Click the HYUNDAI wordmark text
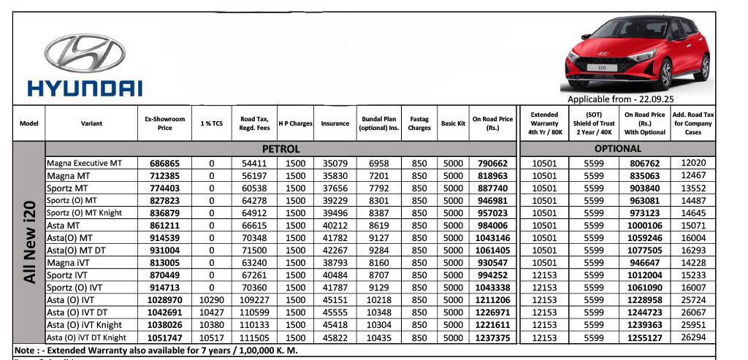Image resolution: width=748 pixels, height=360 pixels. point(85,88)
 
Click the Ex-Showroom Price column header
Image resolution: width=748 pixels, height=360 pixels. point(165,123)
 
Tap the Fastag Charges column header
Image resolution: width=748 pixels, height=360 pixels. point(419,123)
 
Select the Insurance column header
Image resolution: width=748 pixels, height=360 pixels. point(335,123)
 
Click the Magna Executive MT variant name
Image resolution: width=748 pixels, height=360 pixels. point(84,163)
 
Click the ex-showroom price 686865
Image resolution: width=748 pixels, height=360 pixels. point(165,163)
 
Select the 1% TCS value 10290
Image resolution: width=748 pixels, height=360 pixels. point(212,300)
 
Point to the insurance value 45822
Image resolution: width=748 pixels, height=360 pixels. point(335,337)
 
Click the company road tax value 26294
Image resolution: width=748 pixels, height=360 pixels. point(693,337)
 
